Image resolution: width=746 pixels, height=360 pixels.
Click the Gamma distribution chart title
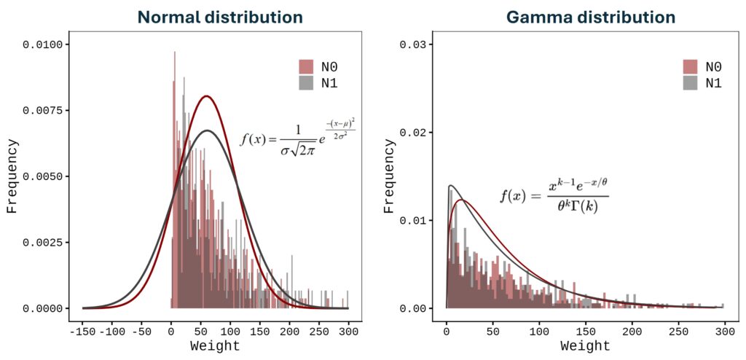coord(591,16)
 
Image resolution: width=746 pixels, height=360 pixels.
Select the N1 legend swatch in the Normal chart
coord(305,82)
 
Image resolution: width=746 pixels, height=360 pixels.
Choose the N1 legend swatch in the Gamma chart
coord(689,82)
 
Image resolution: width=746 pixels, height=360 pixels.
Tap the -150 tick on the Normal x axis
coord(82,331)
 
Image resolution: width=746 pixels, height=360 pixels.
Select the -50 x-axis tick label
coord(141,331)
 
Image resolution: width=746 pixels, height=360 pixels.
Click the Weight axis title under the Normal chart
coord(215,346)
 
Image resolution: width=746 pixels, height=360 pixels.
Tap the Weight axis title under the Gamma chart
coord(585,346)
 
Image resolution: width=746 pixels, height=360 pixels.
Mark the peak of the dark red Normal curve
coord(207,95)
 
